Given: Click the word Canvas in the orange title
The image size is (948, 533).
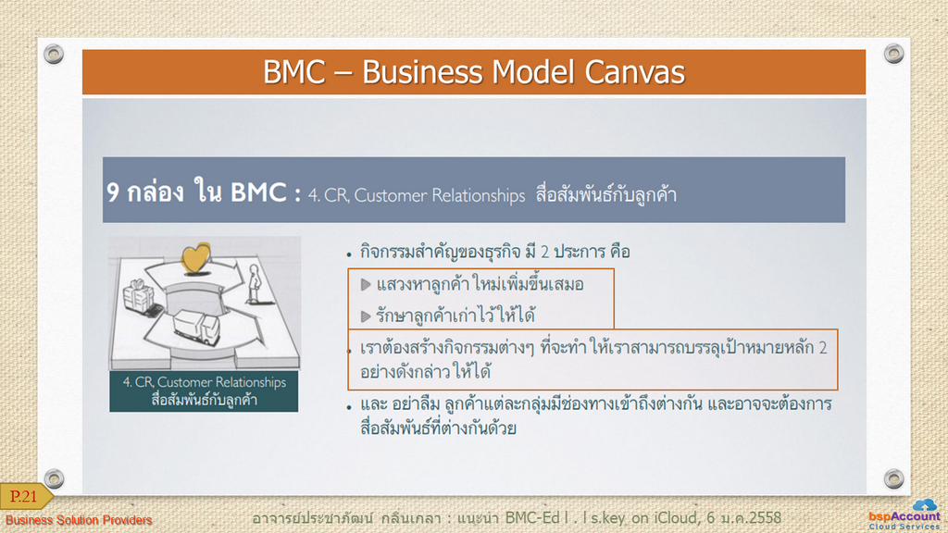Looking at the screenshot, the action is (634, 72).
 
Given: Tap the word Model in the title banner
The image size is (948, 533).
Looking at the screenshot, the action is (532, 72).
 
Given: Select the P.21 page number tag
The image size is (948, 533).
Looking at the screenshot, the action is (25, 496).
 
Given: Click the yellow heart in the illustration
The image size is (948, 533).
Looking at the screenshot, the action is (196, 259).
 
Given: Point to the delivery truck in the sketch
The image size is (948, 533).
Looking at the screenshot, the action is (195, 327).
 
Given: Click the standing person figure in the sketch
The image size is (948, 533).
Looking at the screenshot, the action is (254, 284).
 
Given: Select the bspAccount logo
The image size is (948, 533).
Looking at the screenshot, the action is (904, 514).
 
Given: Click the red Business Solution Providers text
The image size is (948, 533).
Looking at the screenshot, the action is (79, 520).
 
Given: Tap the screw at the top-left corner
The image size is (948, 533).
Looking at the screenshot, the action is (54, 54).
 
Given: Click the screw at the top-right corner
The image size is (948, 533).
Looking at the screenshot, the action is (893, 54).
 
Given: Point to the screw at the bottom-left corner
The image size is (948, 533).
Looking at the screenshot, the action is (54, 478).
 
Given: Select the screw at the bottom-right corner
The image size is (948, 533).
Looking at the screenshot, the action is (893, 478).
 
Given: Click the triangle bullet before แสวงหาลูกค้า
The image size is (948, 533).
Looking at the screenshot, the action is (366, 284).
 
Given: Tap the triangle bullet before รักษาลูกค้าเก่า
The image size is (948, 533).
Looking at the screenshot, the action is (366, 316).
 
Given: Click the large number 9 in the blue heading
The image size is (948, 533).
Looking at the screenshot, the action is (113, 192).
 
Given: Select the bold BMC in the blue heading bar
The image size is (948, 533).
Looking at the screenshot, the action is (258, 192).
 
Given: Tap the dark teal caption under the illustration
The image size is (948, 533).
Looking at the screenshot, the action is (204, 391).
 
